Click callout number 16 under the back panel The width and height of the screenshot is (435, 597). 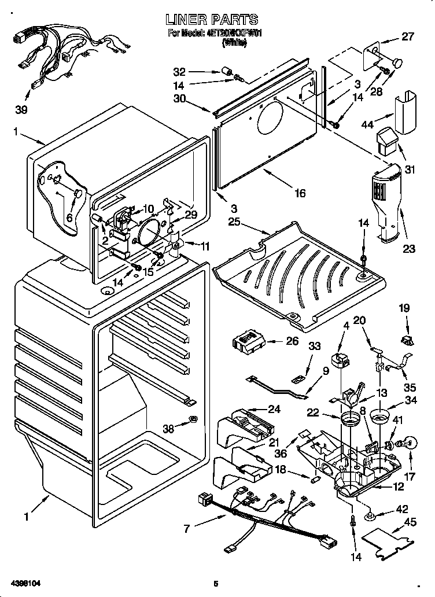point(299,193)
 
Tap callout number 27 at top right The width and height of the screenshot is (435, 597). point(408,36)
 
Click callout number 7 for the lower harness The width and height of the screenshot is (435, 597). point(186,528)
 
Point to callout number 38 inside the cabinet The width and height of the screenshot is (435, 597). point(168,429)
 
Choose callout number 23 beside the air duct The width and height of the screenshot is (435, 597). point(410,249)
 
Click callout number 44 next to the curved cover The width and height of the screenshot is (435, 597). point(367,124)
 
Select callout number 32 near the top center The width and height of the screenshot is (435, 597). point(180,72)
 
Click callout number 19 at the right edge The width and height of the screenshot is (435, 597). point(405,308)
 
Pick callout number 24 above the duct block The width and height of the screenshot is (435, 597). point(274,409)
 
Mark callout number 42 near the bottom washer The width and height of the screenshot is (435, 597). point(400,509)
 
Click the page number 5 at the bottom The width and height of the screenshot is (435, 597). point(215,584)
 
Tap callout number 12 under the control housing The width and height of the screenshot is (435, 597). point(399,487)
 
